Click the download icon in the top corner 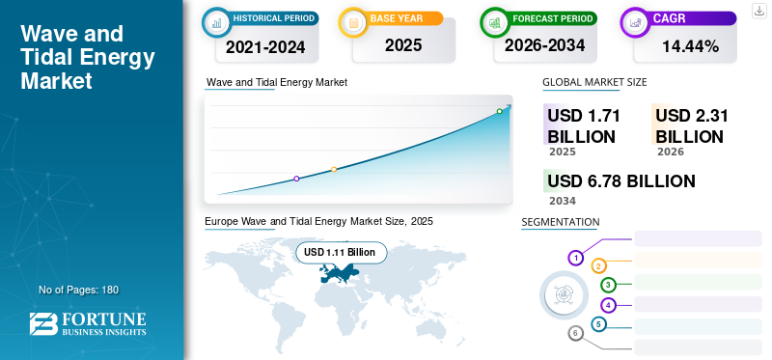point(759,11)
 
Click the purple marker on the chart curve point(296,179)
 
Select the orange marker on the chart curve point(334,170)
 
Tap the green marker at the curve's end point(500,112)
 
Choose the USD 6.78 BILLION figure point(620,181)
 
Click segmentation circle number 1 point(576,258)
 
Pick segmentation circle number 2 point(599,265)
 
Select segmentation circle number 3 point(608,285)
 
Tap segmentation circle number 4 point(608,305)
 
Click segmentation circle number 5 point(599,324)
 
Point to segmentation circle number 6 point(576,333)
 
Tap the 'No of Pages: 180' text point(78,290)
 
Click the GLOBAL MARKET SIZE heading point(594,83)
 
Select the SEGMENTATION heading point(560,222)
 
